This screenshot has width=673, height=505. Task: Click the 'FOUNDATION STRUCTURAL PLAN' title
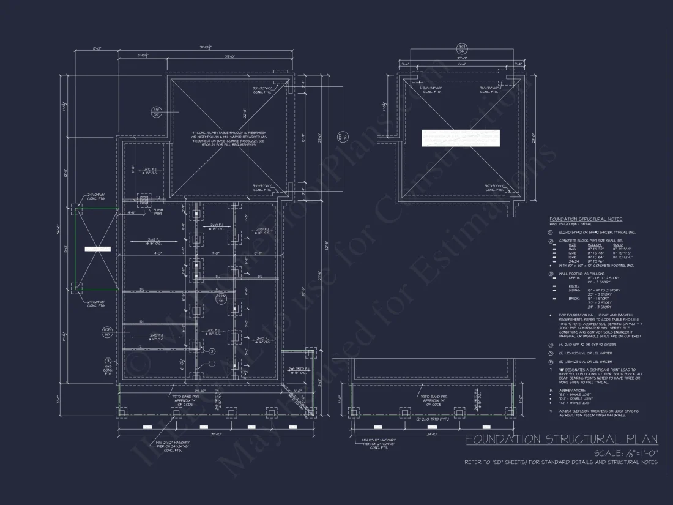point(561,439)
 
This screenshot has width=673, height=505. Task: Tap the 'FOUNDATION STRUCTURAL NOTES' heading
point(586,219)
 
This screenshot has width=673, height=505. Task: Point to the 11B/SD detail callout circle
point(156,111)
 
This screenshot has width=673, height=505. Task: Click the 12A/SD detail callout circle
point(221,298)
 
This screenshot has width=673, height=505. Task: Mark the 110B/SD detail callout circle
point(106,332)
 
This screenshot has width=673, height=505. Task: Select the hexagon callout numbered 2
point(212,351)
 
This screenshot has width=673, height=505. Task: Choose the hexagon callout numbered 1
point(212,364)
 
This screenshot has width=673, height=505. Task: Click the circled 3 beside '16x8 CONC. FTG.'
point(108,361)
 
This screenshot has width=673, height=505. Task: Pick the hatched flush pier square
point(145,200)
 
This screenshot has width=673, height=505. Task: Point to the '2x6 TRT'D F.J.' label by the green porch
point(299,370)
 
